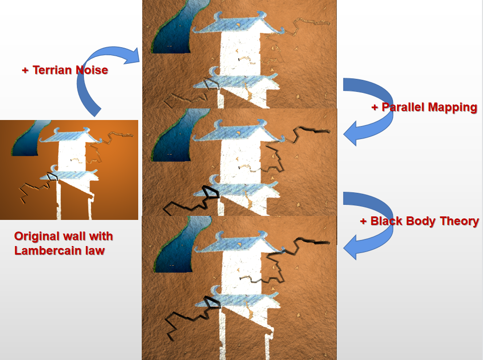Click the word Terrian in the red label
coord(52,70)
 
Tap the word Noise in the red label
coord(91,70)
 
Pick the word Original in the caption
coord(36,236)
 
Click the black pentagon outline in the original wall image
coord(52,176)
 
